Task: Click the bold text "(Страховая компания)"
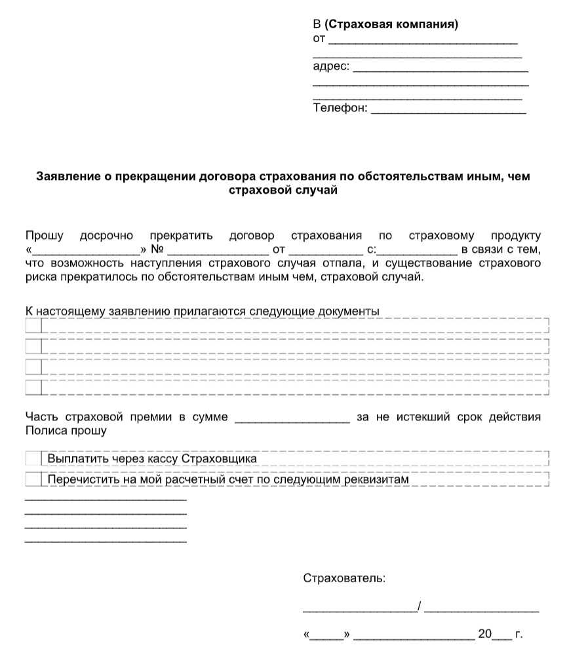coord(391,25)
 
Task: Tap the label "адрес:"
coord(331,67)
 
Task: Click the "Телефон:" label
coord(340,108)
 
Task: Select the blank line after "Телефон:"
coord(448,111)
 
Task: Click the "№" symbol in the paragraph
coord(157,250)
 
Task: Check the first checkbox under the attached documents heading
coord(33,325)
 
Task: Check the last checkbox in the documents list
coord(33,387)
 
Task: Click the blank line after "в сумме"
coord(292,420)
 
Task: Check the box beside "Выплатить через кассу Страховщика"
coord(33,458)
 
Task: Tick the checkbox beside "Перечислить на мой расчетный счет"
coord(33,479)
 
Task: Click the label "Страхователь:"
coord(344,578)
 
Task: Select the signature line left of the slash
coord(359,610)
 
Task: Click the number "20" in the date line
coord(484,634)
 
